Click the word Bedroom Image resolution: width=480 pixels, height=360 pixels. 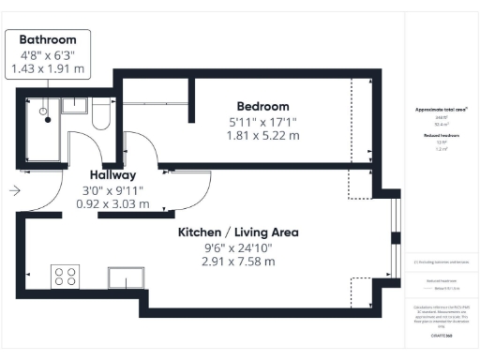click(x=262, y=106)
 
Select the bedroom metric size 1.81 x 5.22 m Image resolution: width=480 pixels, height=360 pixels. click(x=262, y=135)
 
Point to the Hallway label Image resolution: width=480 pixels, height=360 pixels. click(x=112, y=174)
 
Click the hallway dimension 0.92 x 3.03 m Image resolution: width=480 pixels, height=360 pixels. click(x=112, y=202)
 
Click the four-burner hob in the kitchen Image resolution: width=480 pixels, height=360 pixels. click(x=65, y=277)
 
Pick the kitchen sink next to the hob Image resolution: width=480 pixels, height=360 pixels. click(x=125, y=278)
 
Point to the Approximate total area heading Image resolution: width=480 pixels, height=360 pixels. click(x=442, y=110)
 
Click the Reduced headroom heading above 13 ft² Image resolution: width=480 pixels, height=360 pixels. click(x=442, y=136)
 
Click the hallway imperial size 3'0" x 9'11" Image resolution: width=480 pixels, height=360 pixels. click(x=112, y=188)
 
